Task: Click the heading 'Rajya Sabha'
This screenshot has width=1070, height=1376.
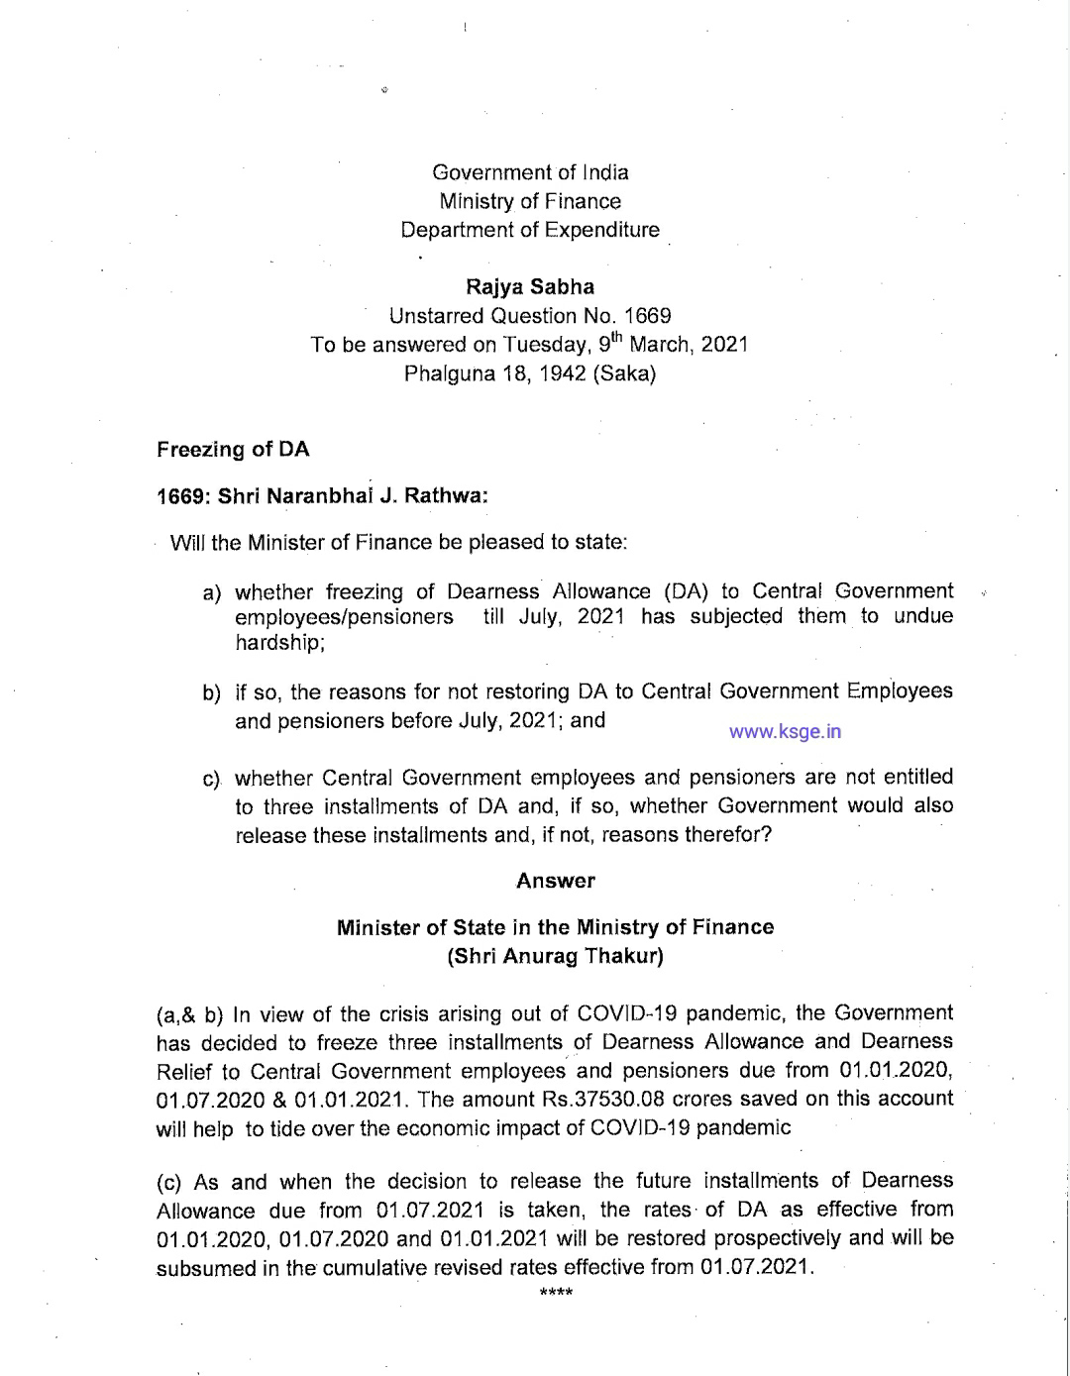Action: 530,287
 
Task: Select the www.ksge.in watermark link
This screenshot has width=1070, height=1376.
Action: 785,732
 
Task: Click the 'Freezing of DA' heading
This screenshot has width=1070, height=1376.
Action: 233,450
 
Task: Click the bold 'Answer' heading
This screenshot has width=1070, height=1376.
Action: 556,881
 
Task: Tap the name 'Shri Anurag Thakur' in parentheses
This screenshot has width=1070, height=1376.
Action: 556,956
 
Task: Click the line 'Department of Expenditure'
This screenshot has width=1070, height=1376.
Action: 530,230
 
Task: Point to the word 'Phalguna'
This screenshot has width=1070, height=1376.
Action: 450,374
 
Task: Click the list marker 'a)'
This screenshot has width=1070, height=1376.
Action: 211,593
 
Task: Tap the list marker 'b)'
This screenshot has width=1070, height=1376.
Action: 211,692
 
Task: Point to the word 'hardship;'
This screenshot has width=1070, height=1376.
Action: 280,643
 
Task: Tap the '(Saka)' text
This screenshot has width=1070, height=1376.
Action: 624,374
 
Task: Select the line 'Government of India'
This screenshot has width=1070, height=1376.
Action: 530,172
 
